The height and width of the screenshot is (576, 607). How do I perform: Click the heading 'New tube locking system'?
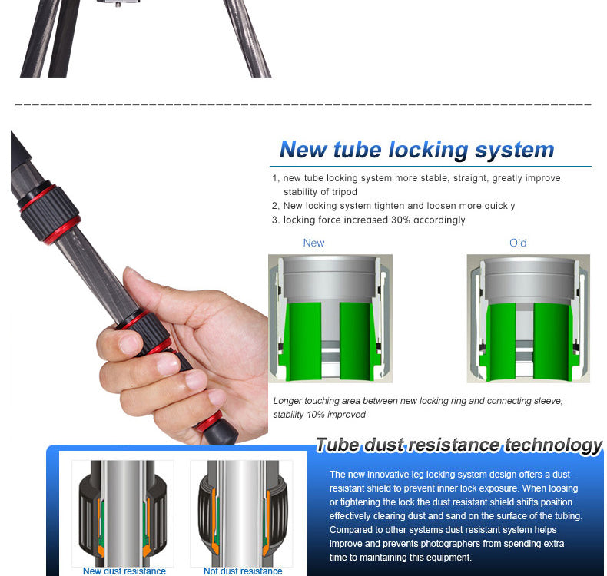tap(416, 149)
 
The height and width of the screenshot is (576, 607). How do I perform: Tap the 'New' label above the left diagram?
tap(313, 243)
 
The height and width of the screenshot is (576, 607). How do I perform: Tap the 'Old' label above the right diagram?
tap(518, 243)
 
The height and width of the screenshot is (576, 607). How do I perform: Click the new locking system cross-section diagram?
tap(330, 319)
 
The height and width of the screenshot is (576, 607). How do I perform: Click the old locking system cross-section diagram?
tap(528, 319)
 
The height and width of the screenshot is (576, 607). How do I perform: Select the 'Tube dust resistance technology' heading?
tap(459, 445)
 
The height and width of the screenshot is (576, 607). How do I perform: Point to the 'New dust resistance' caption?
tap(124, 571)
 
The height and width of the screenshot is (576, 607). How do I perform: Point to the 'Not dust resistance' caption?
tap(242, 571)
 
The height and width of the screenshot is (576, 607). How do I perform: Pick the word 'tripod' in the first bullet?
tap(343, 192)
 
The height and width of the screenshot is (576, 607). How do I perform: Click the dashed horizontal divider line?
tap(303, 104)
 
